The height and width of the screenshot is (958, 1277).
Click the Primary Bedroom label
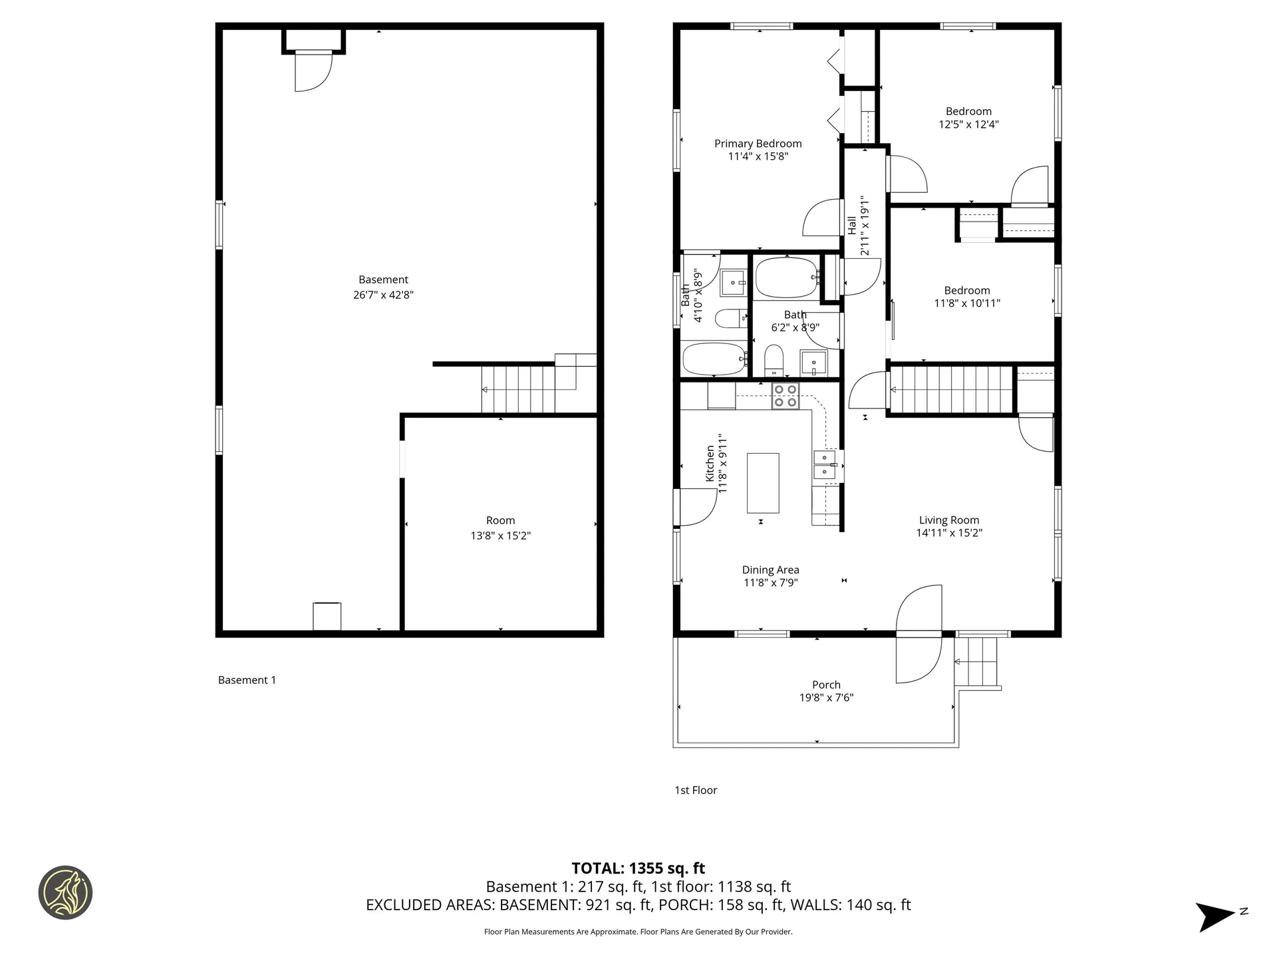[758, 144]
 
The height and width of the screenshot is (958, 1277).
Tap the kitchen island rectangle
[763, 482]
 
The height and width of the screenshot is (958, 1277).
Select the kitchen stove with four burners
[785, 396]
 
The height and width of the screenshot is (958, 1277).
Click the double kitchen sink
[825, 464]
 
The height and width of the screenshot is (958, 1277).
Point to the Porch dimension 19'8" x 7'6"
[826, 698]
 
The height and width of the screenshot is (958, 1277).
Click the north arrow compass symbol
[1217, 916]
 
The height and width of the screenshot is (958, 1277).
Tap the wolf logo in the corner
[65, 892]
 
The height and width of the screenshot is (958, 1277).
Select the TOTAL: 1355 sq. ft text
[638, 868]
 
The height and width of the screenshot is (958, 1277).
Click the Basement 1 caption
[247, 680]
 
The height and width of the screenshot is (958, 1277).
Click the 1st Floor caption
[696, 790]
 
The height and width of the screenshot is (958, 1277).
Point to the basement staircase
[519, 389]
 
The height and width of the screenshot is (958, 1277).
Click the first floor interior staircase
[951, 390]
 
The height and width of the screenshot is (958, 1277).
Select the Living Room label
[949, 520]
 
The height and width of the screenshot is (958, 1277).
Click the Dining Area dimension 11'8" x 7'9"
[770, 583]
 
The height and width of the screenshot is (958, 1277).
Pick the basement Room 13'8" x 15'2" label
[500, 528]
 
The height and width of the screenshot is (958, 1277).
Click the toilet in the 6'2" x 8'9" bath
[773, 359]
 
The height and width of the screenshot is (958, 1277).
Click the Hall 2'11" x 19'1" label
[858, 225]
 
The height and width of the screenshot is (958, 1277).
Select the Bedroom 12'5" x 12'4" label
[968, 118]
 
